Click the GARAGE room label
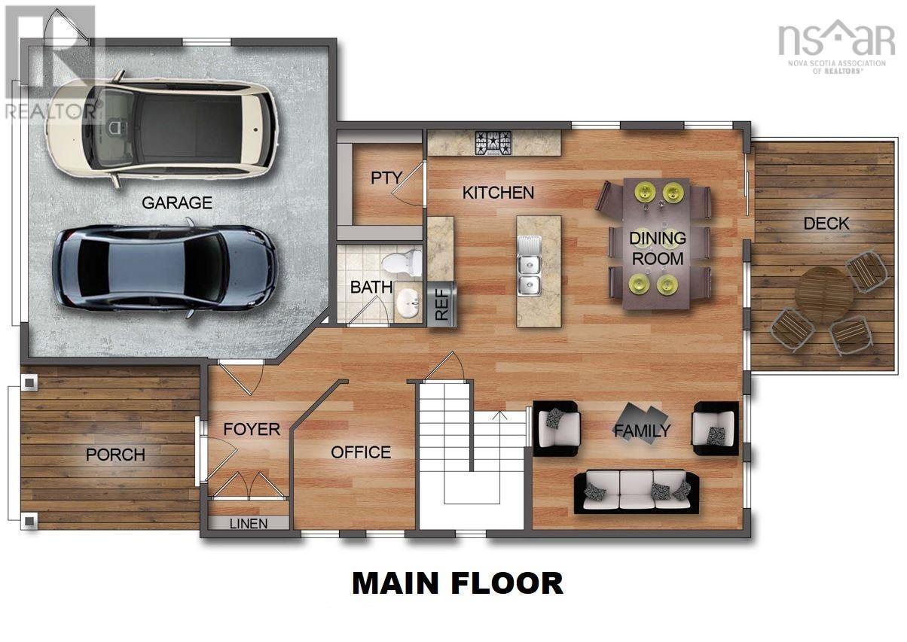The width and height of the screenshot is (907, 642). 177,202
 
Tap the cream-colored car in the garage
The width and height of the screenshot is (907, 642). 162,129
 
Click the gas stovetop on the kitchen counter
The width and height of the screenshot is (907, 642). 493,143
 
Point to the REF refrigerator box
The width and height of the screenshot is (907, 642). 442,304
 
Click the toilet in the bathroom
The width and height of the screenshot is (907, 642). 402,261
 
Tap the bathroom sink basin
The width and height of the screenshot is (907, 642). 408,304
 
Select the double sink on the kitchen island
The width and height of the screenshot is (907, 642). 530,265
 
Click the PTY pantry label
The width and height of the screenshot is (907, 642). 386,178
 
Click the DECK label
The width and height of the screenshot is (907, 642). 826,224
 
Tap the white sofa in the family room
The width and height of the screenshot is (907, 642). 636,492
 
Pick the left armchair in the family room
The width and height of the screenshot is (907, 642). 557,428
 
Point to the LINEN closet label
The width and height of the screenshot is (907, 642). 248,524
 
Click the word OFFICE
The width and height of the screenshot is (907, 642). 361,452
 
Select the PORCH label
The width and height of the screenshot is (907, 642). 115,455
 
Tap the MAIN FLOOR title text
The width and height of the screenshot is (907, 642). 457,584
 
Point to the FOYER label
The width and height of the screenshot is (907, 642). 252,429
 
